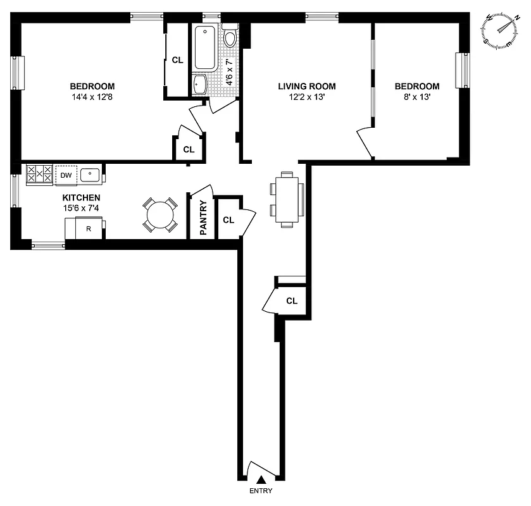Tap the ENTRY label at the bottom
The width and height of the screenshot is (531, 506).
(x=261, y=491)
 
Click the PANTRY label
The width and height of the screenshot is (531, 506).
(x=203, y=218)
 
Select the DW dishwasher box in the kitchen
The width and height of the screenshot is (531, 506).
(x=66, y=175)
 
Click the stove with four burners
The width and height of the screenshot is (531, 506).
(x=39, y=175)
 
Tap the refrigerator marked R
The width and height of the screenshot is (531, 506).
(x=89, y=228)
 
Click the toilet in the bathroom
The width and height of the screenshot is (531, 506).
(x=230, y=37)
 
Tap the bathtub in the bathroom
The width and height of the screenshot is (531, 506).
(x=206, y=48)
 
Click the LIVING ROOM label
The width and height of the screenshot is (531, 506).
(x=307, y=87)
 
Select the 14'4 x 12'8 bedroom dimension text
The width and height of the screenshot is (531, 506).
(x=92, y=97)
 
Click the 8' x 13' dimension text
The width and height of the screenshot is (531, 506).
(x=416, y=97)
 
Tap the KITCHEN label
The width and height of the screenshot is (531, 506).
(x=81, y=198)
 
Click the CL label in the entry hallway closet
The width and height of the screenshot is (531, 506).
(x=291, y=301)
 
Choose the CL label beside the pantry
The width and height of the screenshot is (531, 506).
(x=228, y=220)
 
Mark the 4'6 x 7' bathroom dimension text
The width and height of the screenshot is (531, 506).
(x=230, y=71)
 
